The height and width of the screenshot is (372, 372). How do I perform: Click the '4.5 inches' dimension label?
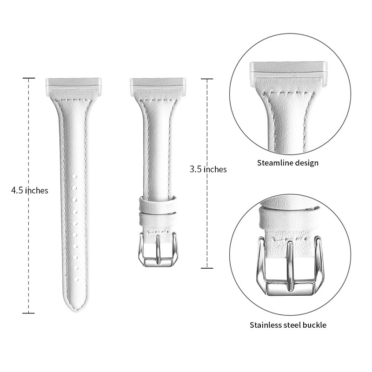click(30, 191)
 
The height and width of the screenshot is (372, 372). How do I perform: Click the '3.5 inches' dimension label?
click(208, 169)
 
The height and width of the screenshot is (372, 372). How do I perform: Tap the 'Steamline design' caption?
click(288, 163)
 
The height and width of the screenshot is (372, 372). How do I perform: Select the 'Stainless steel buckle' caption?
click(288, 325)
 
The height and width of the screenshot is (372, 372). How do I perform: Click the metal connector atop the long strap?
click(73, 86)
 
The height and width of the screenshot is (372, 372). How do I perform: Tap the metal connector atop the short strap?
click(158, 86)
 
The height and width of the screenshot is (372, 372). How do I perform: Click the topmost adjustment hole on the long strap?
click(75, 177)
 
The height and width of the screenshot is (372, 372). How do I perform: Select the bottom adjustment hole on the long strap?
click(76, 279)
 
